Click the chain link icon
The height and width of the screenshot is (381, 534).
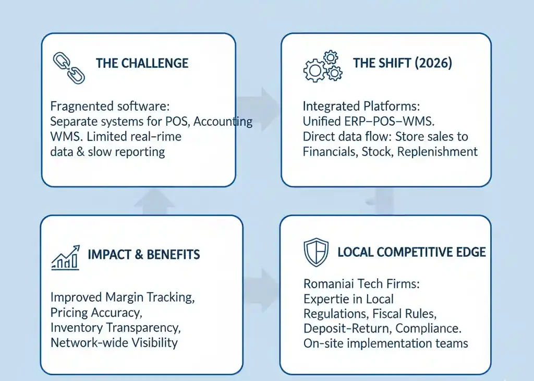(x=69, y=68)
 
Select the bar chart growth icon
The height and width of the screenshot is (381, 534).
(x=66, y=257)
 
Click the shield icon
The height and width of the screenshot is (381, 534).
(x=316, y=252)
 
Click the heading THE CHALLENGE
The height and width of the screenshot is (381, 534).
(x=142, y=64)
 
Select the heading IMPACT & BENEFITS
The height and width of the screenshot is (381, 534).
(x=144, y=255)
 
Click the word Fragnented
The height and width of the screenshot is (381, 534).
(x=79, y=106)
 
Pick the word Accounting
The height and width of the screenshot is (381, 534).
(x=223, y=122)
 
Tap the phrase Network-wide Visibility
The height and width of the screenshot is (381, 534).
(x=114, y=343)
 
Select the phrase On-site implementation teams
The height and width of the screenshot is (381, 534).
(x=385, y=343)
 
